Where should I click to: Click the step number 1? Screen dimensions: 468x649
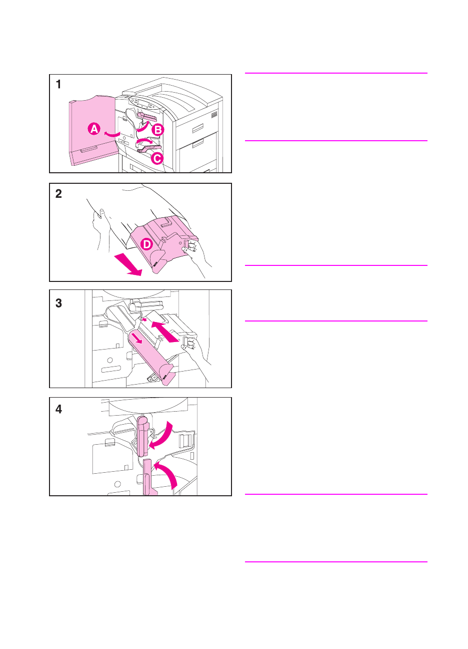(58, 84)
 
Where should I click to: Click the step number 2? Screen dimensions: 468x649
(58, 193)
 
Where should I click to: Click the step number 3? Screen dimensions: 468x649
(58, 303)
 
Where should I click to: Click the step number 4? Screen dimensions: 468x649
(58, 409)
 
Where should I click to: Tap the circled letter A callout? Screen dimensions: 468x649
(94, 129)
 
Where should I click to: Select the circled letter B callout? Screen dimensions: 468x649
(158, 130)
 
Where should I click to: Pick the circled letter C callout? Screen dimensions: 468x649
(157, 158)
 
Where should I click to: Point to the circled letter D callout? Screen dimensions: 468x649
(146, 244)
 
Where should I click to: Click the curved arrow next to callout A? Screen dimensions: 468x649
(112, 134)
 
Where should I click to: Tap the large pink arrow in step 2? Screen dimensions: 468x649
(128, 264)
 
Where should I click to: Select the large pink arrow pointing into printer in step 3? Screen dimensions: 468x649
(165, 332)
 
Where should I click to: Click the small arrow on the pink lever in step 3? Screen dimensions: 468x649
(137, 338)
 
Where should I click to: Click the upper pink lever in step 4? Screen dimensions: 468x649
(142, 436)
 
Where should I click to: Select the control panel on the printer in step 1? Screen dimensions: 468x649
(144, 104)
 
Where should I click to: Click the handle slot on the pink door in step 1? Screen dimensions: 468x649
(89, 149)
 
